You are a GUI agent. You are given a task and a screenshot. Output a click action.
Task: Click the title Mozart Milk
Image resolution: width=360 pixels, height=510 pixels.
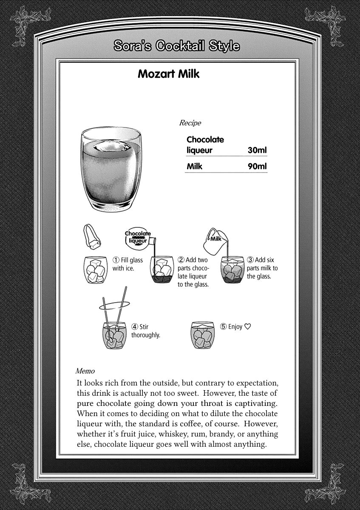click(169, 74)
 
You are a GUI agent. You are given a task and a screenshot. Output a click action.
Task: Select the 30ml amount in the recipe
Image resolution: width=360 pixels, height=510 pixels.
click(257, 150)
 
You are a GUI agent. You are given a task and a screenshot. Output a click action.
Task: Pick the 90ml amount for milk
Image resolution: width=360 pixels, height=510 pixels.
click(257, 166)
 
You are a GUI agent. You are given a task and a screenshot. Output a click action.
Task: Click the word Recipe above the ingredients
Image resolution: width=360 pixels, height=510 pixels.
click(190, 123)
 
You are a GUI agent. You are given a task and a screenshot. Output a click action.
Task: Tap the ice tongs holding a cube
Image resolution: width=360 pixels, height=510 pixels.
click(91, 238)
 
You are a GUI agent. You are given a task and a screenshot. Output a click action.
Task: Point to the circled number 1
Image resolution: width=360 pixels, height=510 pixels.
click(115, 260)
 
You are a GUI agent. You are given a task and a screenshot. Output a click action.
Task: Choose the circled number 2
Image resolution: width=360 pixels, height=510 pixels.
click(181, 260)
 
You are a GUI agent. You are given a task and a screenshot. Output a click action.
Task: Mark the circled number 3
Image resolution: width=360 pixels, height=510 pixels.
click(250, 260)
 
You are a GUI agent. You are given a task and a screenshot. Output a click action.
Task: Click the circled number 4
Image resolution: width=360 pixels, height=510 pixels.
click(135, 327)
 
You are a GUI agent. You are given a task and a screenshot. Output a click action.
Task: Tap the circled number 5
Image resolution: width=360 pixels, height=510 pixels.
click(223, 327)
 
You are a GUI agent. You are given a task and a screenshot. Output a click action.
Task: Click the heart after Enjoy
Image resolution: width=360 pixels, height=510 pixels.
click(248, 327)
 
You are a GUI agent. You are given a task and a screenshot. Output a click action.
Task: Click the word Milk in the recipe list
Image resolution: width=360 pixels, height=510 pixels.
click(194, 166)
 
